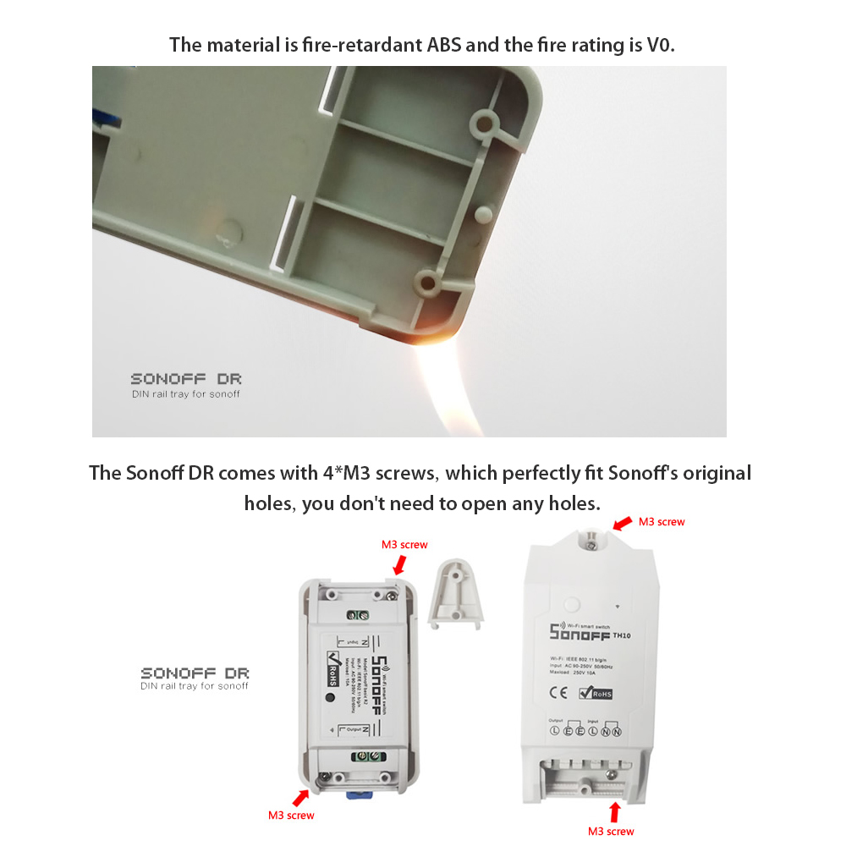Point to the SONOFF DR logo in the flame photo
click(x=185, y=380)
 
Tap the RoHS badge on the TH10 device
click(x=596, y=694)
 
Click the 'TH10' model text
click(x=622, y=634)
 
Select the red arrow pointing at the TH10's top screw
click(x=621, y=525)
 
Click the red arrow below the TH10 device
click(x=615, y=813)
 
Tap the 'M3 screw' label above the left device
click(x=404, y=544)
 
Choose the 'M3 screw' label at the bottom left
click(x=291, y=816)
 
